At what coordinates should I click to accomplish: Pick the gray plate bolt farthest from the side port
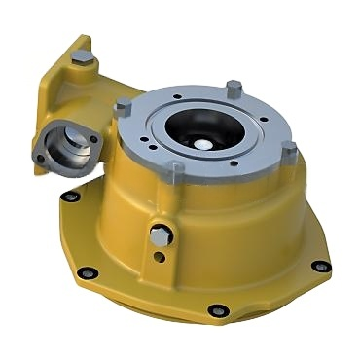288,149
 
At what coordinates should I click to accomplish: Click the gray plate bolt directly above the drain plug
174,174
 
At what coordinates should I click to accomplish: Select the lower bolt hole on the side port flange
38,157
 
